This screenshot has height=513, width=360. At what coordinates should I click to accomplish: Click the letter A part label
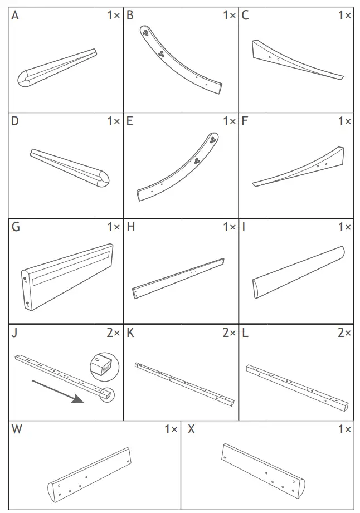[15, 16]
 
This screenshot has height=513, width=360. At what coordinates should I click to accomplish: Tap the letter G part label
[16, 228]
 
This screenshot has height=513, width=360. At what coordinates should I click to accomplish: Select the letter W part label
[17, 429]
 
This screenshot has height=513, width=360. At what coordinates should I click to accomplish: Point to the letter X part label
[191, 429]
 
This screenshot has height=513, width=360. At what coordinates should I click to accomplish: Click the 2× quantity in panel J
[113, 333]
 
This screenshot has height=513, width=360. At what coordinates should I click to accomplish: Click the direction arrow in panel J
[58, 390]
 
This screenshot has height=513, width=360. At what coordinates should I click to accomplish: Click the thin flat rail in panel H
[178, 275]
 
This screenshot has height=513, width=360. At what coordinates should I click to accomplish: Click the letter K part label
[131, 333]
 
